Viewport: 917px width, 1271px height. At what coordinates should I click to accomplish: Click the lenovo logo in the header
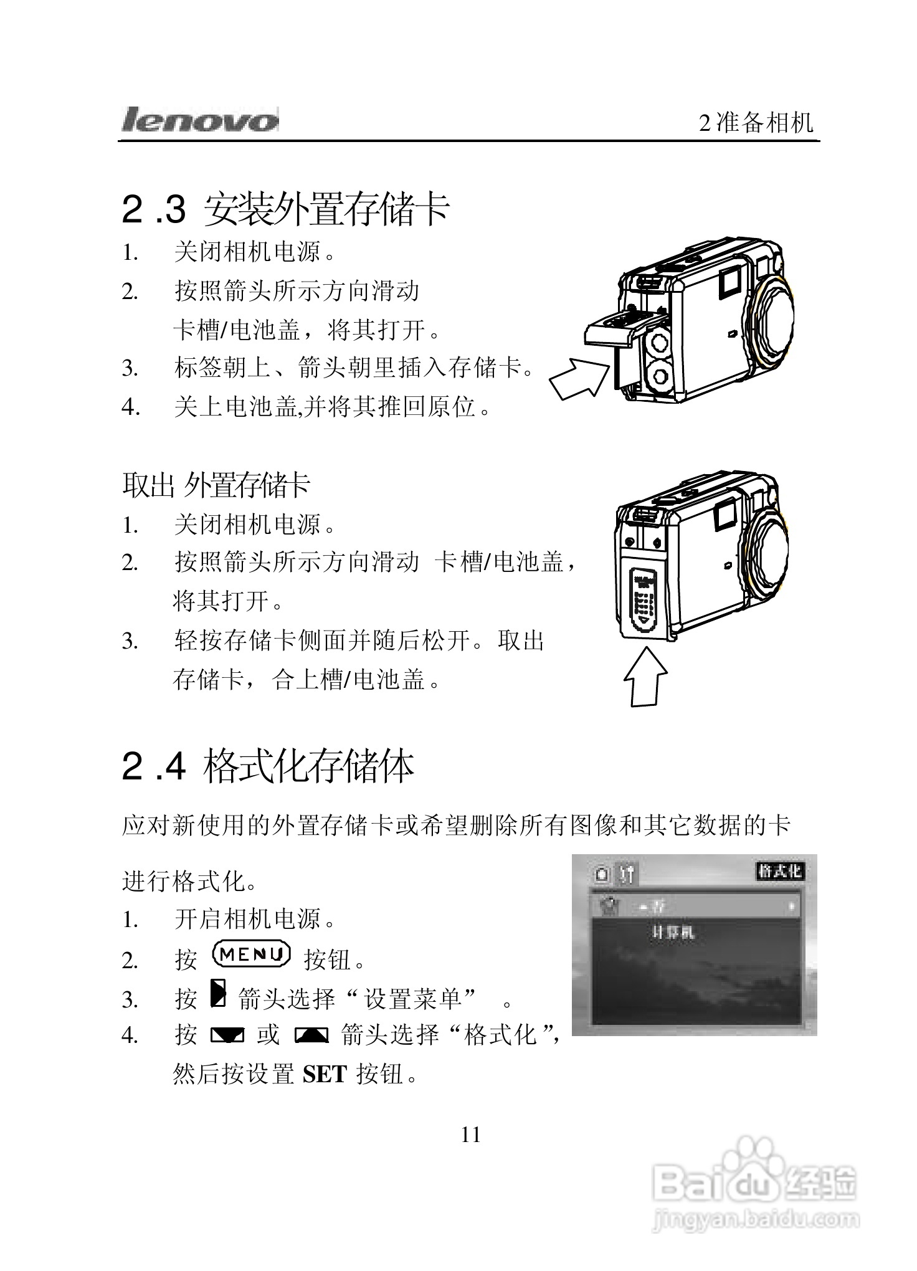pyautogui.click(x=200, y=120)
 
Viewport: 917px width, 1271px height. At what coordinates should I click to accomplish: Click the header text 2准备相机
pyautogui.click(x=756, y=122)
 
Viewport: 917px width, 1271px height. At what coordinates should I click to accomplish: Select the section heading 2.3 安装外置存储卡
pyautogui.click(x=285, y=209)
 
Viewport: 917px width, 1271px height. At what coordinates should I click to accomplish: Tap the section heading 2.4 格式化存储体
pyautogui.click(x=268, y=766)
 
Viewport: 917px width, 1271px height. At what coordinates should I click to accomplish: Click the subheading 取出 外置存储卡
pyautogui.click(x=216, y=485)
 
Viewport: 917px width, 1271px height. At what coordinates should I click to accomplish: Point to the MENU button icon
pyautogui.click(x=251, y=954)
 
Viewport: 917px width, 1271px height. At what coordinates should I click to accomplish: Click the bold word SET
pyautogui.click(x=324, y=1074)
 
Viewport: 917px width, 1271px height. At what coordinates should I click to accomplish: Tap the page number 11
pyautogui.click(x=471, y=1135)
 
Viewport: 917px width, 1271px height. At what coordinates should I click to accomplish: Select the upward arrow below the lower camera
pyautogui.click(x=645, y=677)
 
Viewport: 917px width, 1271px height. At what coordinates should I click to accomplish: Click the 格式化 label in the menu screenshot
pyautogui.click(x=779, y=871)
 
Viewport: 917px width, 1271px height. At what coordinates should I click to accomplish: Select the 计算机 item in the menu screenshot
pyautogui.click(x=672, y=933)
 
